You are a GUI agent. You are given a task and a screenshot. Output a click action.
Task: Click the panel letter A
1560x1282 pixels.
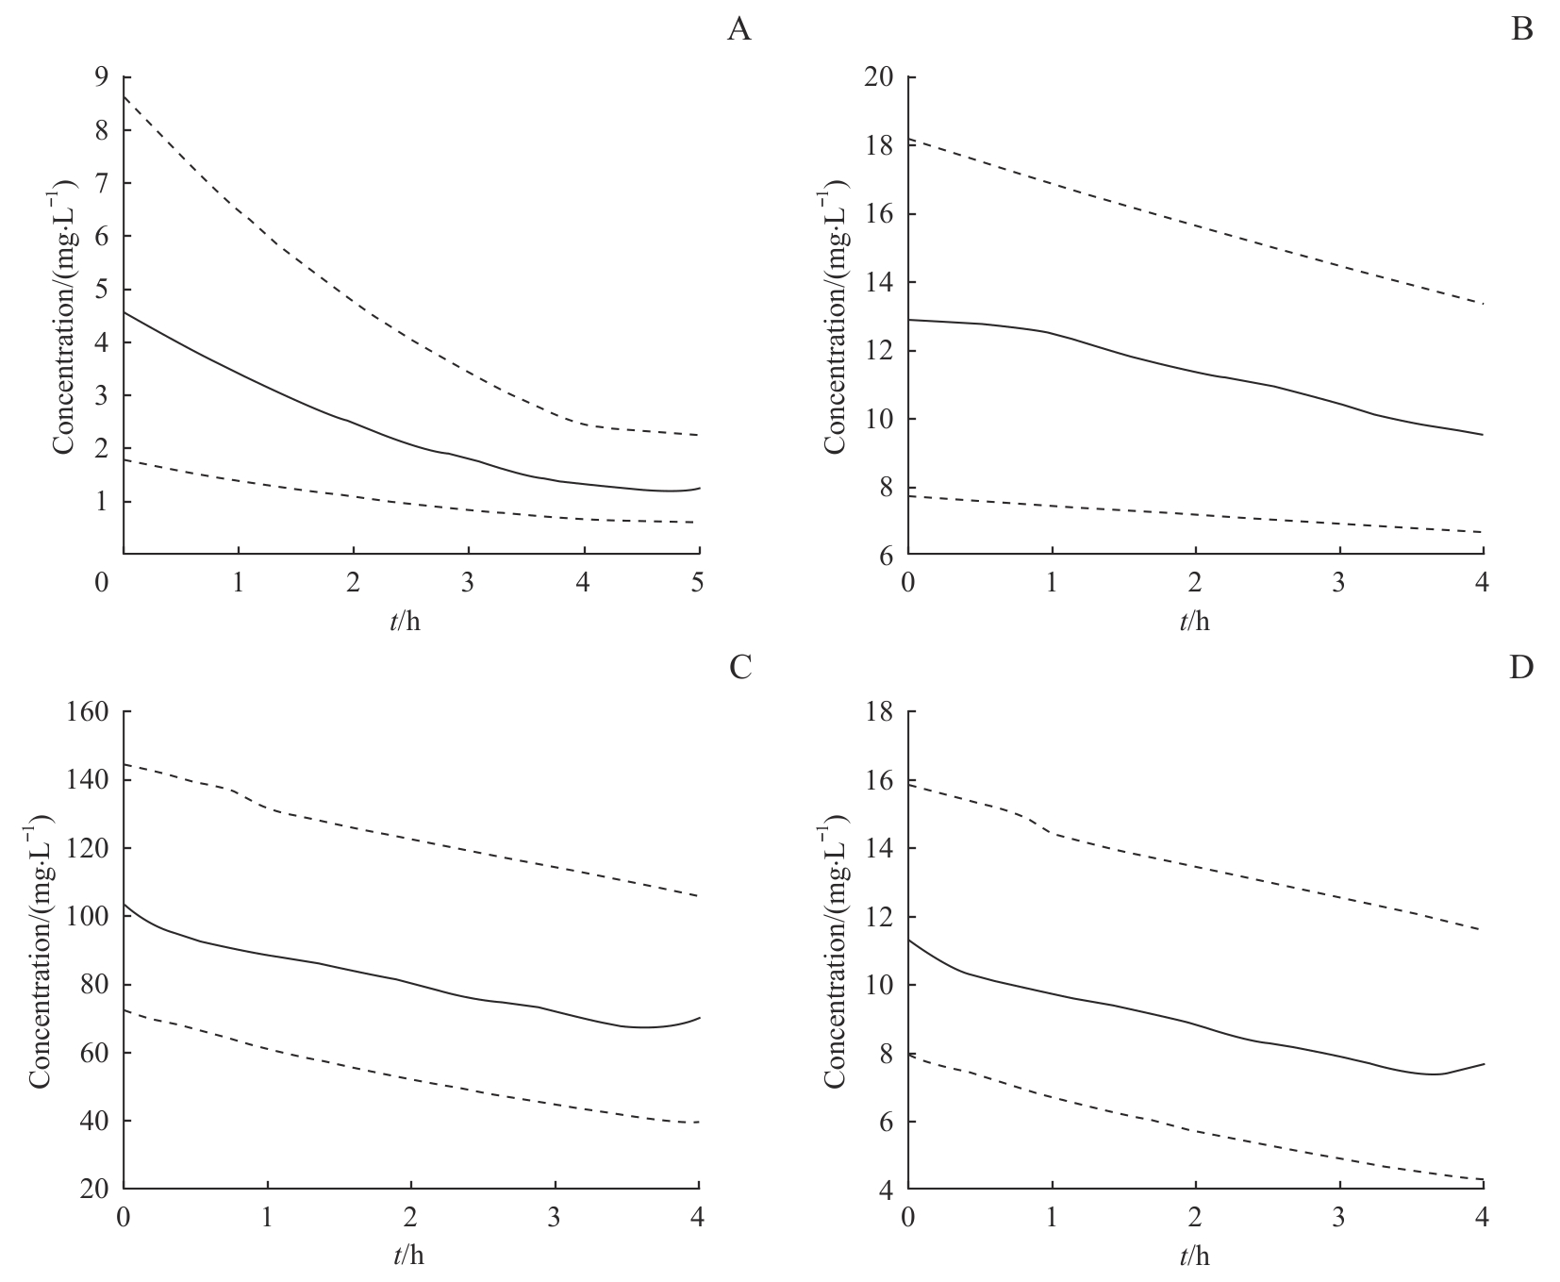click(x=739, y=31)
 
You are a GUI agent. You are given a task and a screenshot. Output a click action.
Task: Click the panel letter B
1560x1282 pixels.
click(x=1522, y=31)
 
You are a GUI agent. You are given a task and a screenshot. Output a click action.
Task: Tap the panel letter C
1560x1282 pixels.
click(x=740, y=668)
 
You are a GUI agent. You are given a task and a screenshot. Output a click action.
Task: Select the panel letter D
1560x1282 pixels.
click(x=1521, y=668)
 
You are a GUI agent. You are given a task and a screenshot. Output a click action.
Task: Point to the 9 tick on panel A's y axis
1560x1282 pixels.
click(x=102, y=77)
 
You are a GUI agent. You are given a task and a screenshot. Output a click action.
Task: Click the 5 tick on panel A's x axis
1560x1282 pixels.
click(x=698, y=583)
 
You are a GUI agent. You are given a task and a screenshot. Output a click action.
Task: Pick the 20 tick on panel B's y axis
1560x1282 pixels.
click(x=880, y=77)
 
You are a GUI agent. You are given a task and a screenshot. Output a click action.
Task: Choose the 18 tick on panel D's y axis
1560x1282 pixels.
click(x=880, y=712)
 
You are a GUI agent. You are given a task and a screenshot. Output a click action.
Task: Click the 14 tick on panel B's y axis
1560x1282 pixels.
click(x=880, y=283)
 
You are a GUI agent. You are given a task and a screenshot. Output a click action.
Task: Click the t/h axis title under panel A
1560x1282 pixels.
click(x=410, y=621)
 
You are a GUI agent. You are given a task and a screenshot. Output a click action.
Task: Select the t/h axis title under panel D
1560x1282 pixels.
click(x=1194, y=1257)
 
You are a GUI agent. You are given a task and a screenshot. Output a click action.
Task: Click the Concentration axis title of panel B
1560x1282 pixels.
click(x=834, y=315)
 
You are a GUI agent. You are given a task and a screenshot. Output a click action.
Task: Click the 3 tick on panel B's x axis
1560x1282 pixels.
click(x=1338, y=583)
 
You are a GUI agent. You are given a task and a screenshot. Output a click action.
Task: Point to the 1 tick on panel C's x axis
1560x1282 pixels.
click(x=267, y=1219)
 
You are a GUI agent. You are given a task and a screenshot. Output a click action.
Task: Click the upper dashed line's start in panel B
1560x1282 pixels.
click(x=909, y=140)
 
